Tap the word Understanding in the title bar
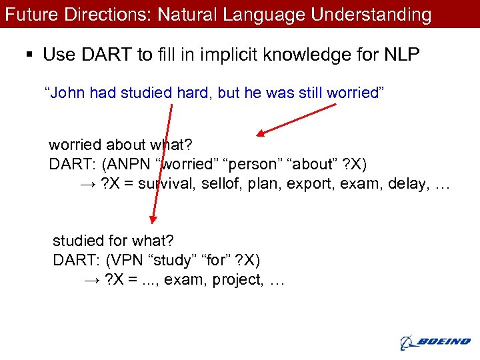point(376,14)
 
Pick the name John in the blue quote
point(65,93)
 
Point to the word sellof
point(220,183)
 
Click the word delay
point(403,183)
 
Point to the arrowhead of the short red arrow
point(261,133)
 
